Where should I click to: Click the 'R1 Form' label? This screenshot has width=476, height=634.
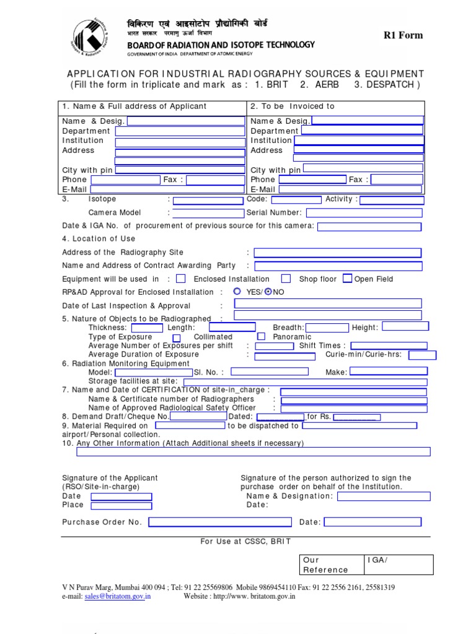pyautogui.click(x=403, y=35)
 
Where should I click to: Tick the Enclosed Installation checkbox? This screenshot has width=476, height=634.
pyautogui.click(x=181, y=279)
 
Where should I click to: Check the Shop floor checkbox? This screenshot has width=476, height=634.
pyautogui.click(x=286, y=279)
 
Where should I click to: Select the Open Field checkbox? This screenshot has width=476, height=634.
pyautogui.click(x=348, y=279)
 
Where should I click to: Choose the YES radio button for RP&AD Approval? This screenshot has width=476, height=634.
pyautogui.click(x=237, y=292)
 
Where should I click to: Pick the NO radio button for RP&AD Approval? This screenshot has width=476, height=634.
pyautogui.click(x=268, y=292)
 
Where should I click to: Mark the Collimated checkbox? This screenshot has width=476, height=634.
pyautogui.click(x=177, y=337)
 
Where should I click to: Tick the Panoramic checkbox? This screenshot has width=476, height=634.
pyautogui.click(x=262, y=336)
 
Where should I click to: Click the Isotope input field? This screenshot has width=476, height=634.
pyautogui.click(x=208, y=201)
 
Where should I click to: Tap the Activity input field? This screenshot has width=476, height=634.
pyautogui.click(x=392, y=201)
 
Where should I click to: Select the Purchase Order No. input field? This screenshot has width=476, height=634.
pyautogui.click(x=219, y=522)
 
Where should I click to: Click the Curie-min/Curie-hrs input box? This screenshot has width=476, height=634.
pyautogui.click(x=422, y=355)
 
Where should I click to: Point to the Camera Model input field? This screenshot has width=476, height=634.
pyautogui.click(x=208, y=213)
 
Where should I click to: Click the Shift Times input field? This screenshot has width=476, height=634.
pyautogui.click(x=389, y=345)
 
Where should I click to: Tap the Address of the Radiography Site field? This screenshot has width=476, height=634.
pyautogui.click(x=338, y=253)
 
